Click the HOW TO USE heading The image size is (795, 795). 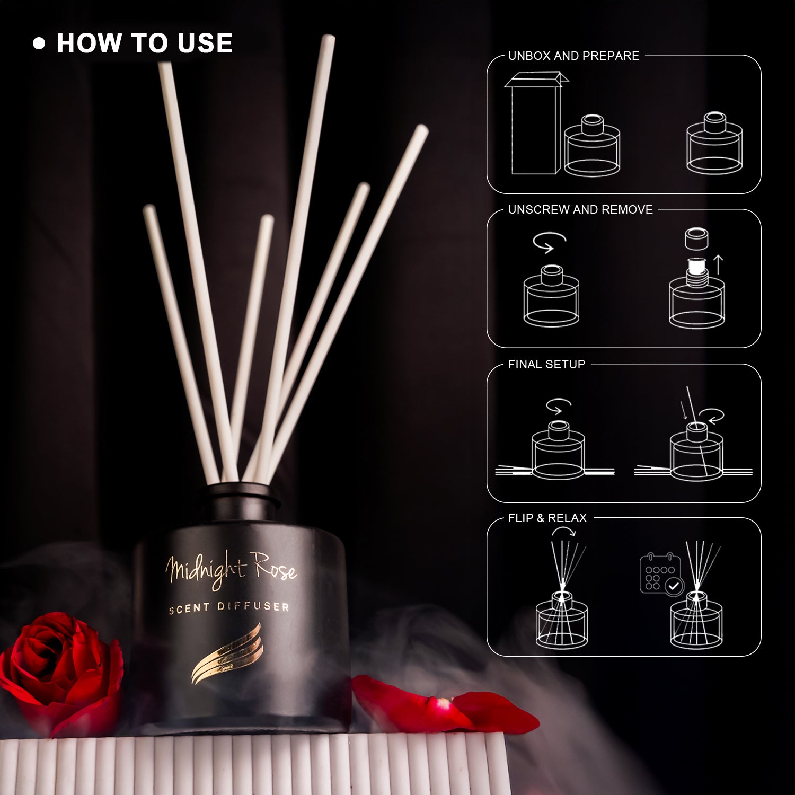point(145,43)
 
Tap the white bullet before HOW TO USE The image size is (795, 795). point(39,43)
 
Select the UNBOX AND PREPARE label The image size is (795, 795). point(573,56)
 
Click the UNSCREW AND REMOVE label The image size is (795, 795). point(580,209)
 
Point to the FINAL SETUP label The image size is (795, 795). point(546,364)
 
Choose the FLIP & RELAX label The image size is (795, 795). point(547,518)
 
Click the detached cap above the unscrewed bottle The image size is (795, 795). point(697,238)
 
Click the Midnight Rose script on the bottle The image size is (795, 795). point(231,570)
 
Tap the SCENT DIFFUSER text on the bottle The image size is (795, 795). point(229,607)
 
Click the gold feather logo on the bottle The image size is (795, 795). point(227,654)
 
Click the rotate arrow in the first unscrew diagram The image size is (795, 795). point(550,244)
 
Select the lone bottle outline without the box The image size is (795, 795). point(714,143)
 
